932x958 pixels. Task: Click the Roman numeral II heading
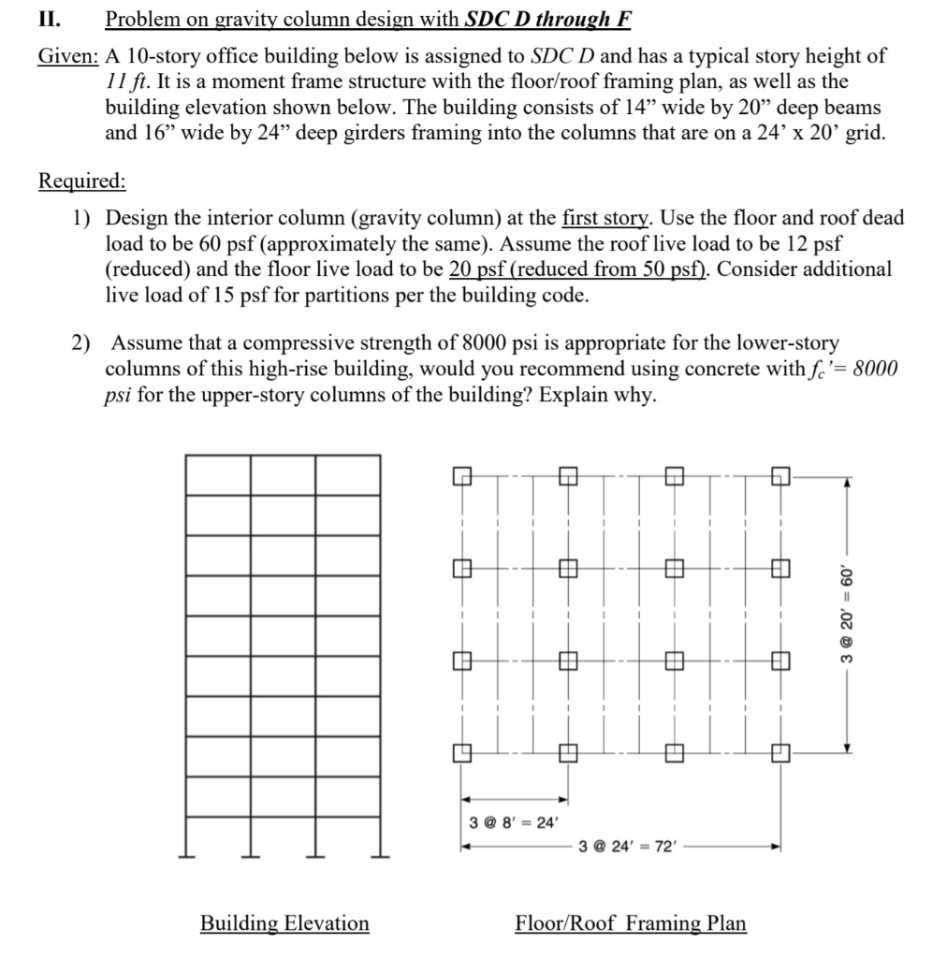tap(48, 18)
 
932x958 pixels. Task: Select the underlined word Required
tap(81, 180)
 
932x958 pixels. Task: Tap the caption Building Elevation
tap(284, 923)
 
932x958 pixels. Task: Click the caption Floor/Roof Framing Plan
tap(631, 923)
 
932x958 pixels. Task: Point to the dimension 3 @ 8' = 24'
tap(513, 822)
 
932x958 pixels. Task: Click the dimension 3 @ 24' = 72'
tap(621, 848)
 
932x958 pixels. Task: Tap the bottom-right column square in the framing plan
tap(780, 751)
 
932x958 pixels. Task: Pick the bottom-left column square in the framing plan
tap(460, 751)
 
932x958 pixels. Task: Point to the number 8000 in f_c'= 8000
tap(874, 368)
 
